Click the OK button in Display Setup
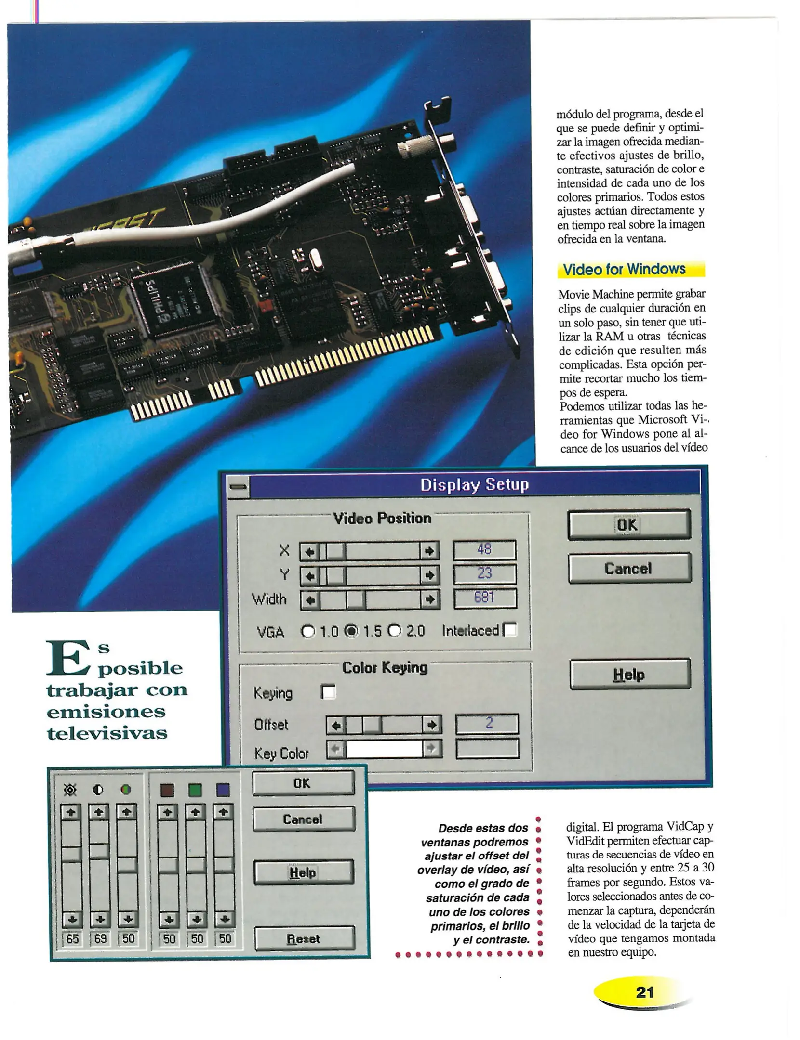(x=629, y=524)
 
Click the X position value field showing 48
(x=484, y=550)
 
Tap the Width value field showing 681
(x=485, y=598)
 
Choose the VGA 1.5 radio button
(x=353, y=631)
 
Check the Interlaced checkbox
(x=510, y=630)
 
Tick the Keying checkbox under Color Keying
(x=329, y=692)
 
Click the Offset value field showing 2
(x=487, y=723)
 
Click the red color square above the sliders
(x=167, y=790)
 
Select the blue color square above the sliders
(x=223, y=790)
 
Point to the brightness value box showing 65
(x=72, y=938)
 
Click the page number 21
(x=645, y=992)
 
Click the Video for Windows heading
(x=624, y=269)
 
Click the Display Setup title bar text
(x=474, y=484)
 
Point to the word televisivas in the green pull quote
(x=107, y=733)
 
